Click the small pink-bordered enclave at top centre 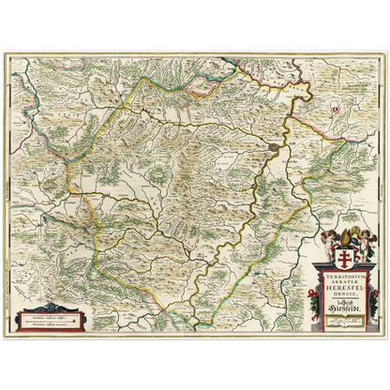click(202, 90)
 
